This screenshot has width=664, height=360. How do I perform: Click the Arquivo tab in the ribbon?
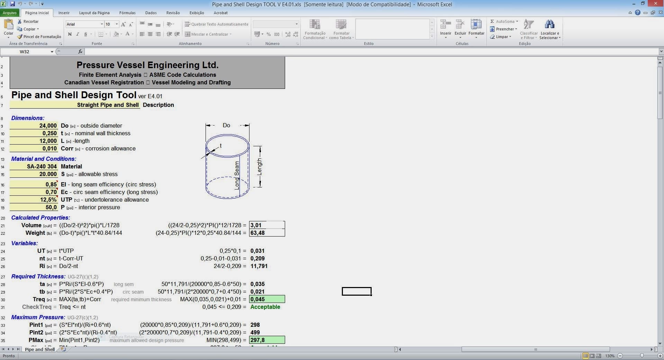pyautogui.click(x=10, y=13)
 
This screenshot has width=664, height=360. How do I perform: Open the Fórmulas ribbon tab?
pyautogui.click(x=127, y=13)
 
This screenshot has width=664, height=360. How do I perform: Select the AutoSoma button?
pyautogui.click(x=504, y=21)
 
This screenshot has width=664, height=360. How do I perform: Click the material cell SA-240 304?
pyautogui.click(x=42, y=166)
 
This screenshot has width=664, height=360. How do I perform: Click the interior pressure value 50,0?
pyautogui.click(x=51, y=207)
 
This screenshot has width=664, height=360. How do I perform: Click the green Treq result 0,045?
pyautogui.click(x=266, y=299)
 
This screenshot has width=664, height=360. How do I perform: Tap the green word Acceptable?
pyautogui.click(x=265, y=307)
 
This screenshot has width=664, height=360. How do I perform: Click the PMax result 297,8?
pyautogui.click(x=266, y=340)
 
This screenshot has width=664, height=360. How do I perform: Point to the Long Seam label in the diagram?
pyautogui.click(x=237, y=175)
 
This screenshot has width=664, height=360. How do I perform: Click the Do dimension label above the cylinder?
pyautogui.click(x=226, y=125)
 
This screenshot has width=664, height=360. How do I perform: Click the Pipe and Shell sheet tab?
pyautogui.click(x=40, y=349)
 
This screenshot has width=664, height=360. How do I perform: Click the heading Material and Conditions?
pyautogui.click(x=44, y=159)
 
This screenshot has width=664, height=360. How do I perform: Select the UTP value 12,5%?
pyautogui.click(x=48, y=200)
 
